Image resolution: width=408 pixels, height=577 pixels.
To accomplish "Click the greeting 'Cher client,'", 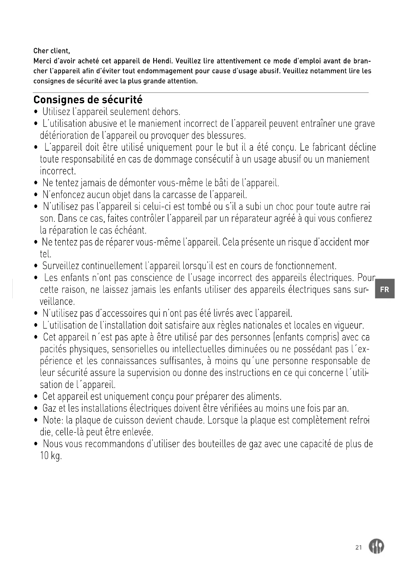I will click(x=52, y=51).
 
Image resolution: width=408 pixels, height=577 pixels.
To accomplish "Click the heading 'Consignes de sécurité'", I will click(x=88, y=100).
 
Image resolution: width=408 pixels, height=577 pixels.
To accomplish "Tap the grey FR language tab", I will click(x=384, y=289).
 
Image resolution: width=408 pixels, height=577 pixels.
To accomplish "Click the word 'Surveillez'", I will click(x=60, y=266).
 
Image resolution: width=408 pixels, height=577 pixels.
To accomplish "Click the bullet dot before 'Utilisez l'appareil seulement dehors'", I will click(x=37, y=112).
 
